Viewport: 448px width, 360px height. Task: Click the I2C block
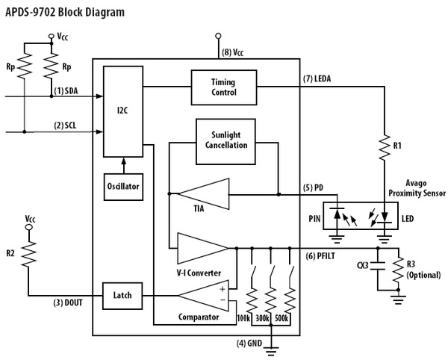[122, 110]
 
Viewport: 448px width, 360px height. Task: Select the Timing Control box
[225, 87]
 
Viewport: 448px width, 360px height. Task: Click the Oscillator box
[122, 185]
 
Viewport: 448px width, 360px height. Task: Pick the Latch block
[122, 295]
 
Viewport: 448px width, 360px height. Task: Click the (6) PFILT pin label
[322, 256]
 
